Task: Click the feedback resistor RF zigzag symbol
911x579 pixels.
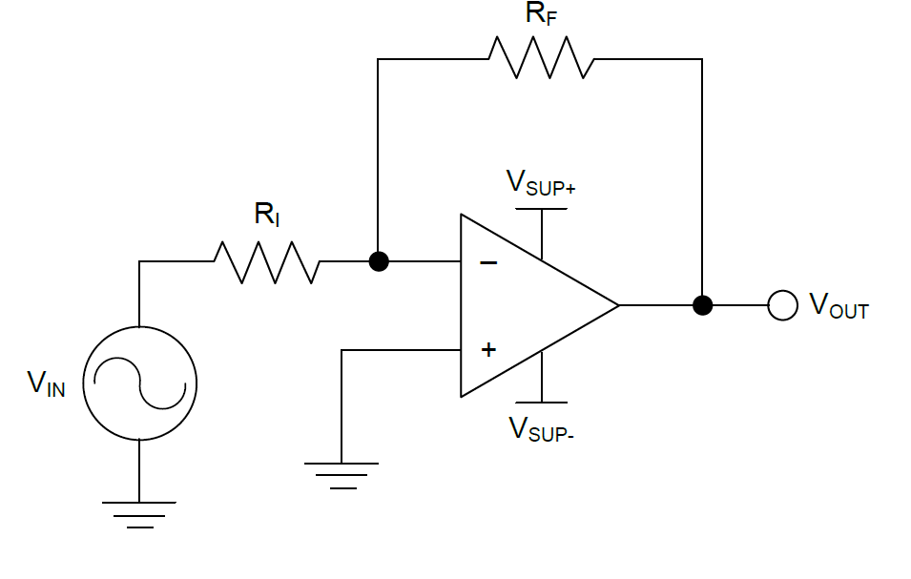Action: click(541, 58)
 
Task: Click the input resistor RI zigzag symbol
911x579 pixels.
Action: click(266, 261)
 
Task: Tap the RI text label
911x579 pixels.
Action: click(266, 216)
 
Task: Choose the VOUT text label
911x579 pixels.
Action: click(839, 305)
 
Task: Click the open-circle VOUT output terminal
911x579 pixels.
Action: click(782, 305)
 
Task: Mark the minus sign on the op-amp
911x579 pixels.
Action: click(488, 262)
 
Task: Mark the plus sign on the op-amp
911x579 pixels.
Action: click(488, 349)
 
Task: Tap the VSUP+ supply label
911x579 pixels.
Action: click(540, 182)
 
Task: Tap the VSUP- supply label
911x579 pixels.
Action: click(540, 429)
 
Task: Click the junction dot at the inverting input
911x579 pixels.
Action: click(379, 261)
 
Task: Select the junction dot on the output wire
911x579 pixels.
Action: click(702, 305)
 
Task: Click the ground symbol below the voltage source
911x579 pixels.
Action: click(139, 513)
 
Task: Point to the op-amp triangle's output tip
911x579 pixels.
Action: click(617, 305)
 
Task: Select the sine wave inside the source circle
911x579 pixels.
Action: click(139, 383)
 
